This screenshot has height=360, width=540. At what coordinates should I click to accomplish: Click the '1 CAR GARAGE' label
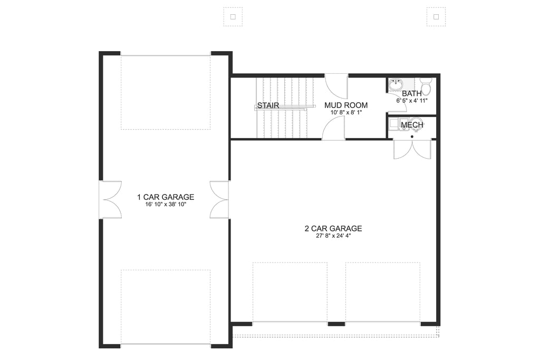166,197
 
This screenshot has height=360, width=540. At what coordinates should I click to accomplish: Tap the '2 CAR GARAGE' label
333,228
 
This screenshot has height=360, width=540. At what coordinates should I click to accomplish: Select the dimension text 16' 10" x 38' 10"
166,205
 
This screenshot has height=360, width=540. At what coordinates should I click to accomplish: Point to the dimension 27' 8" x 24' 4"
333,236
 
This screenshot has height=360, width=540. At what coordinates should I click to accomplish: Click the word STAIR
268,105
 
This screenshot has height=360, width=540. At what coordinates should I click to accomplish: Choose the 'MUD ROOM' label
345,105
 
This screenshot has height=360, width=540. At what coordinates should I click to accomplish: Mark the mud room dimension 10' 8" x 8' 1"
345,112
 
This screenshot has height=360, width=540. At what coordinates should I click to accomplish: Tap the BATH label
412,94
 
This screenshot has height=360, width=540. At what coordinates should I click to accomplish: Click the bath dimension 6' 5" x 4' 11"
412,100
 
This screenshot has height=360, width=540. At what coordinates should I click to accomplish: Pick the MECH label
412,125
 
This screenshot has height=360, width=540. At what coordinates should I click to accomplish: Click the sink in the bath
396,84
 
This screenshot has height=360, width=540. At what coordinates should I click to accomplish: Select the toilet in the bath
426,83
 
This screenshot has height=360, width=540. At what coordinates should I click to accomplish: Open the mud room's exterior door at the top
336,85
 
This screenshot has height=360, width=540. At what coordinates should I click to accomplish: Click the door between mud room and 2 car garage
334,129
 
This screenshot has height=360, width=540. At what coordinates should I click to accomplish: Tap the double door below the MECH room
412,149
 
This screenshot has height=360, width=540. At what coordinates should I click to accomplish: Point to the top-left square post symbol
233,16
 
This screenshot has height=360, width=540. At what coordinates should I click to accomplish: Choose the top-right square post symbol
436,16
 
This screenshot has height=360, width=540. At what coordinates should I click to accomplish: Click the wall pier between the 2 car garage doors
336,323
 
